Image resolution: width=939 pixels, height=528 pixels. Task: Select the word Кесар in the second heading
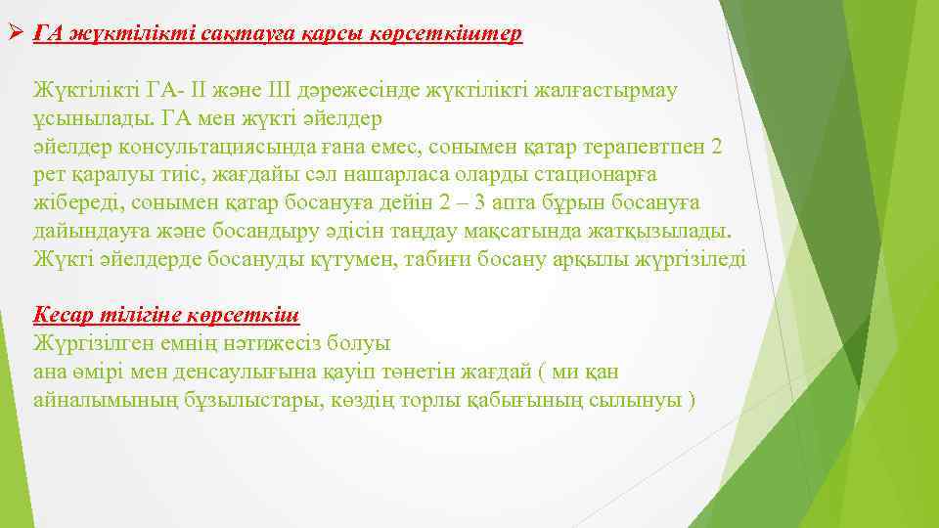click(x=65, y=316)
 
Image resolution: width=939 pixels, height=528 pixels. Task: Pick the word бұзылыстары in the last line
click(x=252, y=401)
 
